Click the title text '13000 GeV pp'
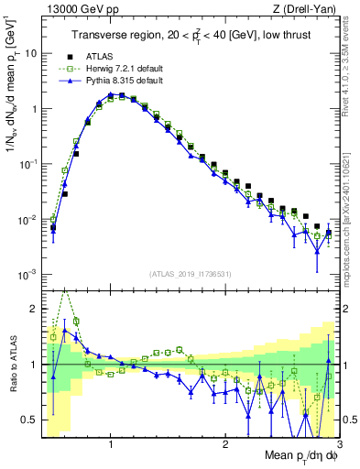[71, 9]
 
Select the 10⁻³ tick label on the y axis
[27, 276]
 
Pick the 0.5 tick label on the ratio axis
[28, 420]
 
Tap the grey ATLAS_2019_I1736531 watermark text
[191, 273]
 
